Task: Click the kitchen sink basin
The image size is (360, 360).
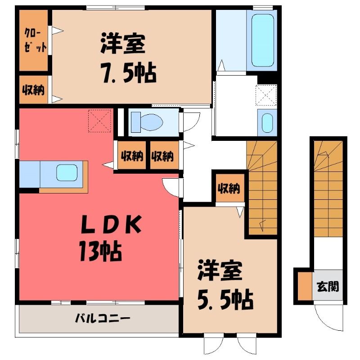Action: [67, 172]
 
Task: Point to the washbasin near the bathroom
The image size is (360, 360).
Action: [267, 123]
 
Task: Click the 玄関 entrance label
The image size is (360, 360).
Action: [328, 287]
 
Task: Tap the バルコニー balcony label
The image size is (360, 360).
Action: [103, 319]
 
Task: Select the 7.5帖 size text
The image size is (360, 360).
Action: [129, 73]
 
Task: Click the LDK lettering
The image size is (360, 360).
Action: [111, 225]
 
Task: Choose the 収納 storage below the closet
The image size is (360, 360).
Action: [33, 90]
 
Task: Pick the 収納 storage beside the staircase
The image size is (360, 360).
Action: [229, 189]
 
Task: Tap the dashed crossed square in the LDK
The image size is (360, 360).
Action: [99, 121]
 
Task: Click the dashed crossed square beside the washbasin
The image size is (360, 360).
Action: [266, 95]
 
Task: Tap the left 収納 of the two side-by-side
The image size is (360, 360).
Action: [132, 156]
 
